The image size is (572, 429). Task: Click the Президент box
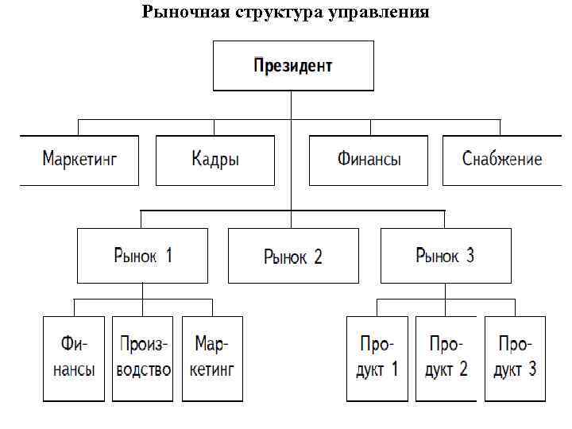point(293,66)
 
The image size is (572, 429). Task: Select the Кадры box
point(215,160)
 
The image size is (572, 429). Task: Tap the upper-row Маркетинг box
point(79,160)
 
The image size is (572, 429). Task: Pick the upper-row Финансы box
point(369,160)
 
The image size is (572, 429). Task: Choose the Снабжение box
point(502,160)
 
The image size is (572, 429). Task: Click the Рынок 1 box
point(143,256)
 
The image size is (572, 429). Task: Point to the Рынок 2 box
point(293,256)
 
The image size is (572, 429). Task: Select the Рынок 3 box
point(445,256)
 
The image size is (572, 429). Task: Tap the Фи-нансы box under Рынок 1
point(74,358)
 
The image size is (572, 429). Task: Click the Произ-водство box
point(143,358)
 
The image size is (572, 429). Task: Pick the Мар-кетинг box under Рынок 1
point(211,358)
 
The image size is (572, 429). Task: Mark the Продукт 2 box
point(446,358)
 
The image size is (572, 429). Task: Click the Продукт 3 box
point(516,358)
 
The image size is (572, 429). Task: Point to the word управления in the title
point(378,12)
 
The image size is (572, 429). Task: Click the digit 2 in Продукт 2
point(463,369)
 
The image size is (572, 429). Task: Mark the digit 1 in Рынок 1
point(168,255)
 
